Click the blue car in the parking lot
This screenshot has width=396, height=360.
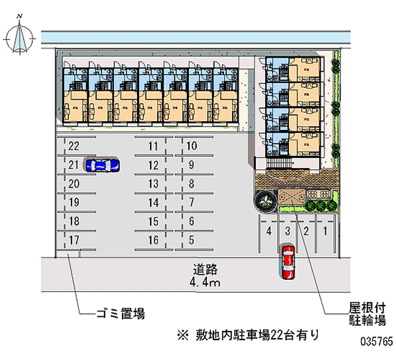pyautogui.click(x=102, y=165)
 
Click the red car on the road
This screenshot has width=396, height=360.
pyautogui.click(x=287, y=260)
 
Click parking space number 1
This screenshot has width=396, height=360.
pyautogui.click(x=325, y=230)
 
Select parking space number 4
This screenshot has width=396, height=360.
pyautogui.click(x=268, y=230)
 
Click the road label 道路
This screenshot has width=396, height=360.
pyautogui.click(x=205, y=270)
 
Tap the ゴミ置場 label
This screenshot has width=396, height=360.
pyautogui.click(x=120, y=313)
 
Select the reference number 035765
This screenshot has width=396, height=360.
pyautogui.click(x=377, y=342)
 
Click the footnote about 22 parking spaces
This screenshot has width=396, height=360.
pyautogui.click(x=247, y=335)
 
